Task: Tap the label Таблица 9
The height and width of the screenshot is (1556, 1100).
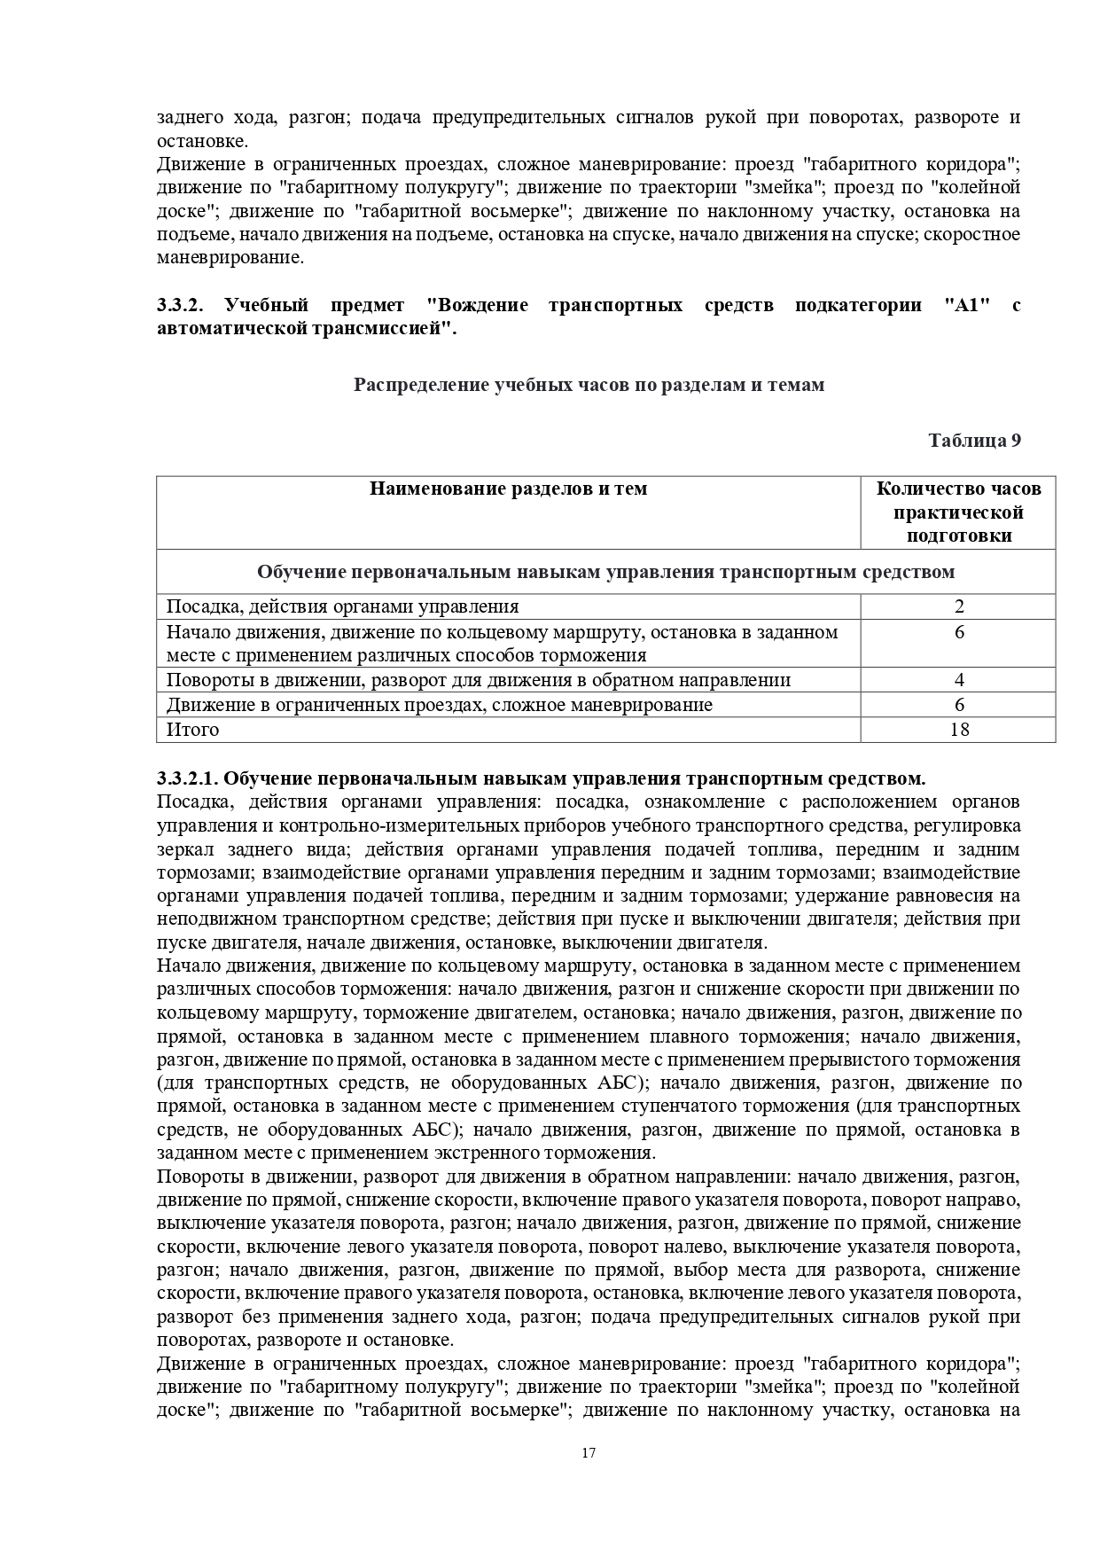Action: pyautogui.click(x=974, y=441)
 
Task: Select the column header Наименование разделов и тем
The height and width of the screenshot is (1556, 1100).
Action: pyautogui.click(x=508, y=489)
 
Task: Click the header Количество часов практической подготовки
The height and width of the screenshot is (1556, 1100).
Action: pyautogui.click(x=958, y=512)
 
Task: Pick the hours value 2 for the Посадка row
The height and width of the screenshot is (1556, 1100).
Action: pyautogui.click(x=958, y=607)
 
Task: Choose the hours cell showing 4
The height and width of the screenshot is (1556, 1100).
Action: pyautogui.click(x=958, y=681)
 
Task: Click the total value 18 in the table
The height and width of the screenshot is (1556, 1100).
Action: pyautogui.click(x=958, y=730)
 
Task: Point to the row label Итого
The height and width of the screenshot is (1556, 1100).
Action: pyautogui.click(x=192, y=730)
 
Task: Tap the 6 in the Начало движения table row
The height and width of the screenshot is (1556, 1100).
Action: pyautogui.click(x=958, y=633)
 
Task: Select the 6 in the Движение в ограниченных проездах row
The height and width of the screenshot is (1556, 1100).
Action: pyautogui.click(x=958, y=706)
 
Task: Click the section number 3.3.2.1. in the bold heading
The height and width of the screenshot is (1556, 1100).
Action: pyautogui.click(x=186, y=779)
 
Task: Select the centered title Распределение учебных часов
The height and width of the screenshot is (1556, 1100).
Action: pyautogui.click(x=589, y=385)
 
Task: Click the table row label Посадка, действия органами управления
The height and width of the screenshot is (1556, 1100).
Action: pyautogui.click(x=342, y=607)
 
